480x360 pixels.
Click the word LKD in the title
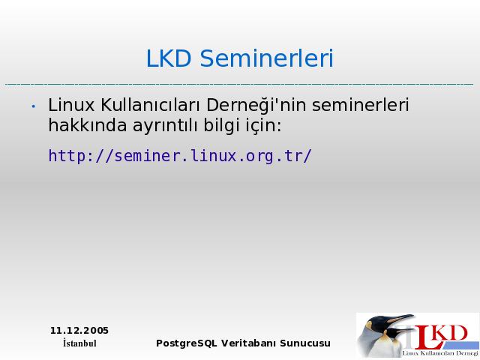click(x=169, y=58)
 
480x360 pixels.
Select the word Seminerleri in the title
click(x=267, y=58)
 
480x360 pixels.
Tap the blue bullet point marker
click(x=33, y=106)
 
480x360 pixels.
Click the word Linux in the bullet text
click(x=71, y=105)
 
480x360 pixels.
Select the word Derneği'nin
click(x=256, y=106)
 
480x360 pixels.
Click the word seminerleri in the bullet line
click(x=360, y=105)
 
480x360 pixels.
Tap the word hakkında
click(x=88, y=125)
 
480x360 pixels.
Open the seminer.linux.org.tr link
click(x=180, y=156)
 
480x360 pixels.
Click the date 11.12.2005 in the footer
click(x=79, y=331)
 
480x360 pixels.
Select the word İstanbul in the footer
click(x=79, y=343)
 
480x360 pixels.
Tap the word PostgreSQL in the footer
click(x=187, y=343)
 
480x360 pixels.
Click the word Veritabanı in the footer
click(x=248, y=343)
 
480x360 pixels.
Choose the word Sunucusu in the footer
click(x=305, y=343)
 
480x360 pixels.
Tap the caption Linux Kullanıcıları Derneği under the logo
click(x=440, y=353)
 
